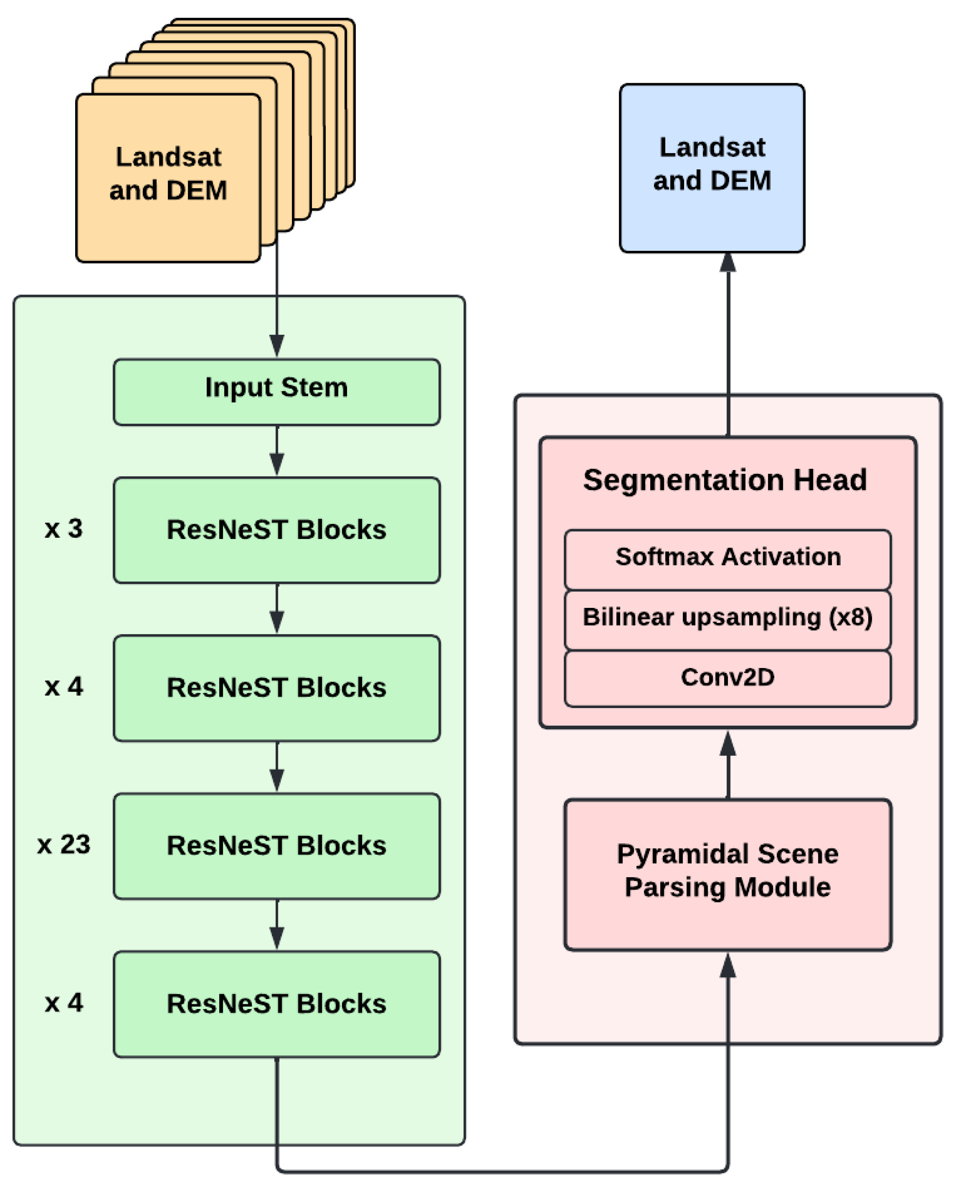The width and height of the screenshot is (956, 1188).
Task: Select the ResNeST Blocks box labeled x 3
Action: point(277,530)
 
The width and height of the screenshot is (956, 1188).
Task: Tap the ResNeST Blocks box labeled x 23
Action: point(277,846)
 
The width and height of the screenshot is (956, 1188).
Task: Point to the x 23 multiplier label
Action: point(64,845)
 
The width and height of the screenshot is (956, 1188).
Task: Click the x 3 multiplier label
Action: point(64,529)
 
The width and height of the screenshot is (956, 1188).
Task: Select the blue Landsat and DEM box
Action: point(712,168)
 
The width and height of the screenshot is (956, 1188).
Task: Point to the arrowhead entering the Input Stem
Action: point(277,345)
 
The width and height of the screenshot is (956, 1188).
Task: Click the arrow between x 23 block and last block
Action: point(277,926)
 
